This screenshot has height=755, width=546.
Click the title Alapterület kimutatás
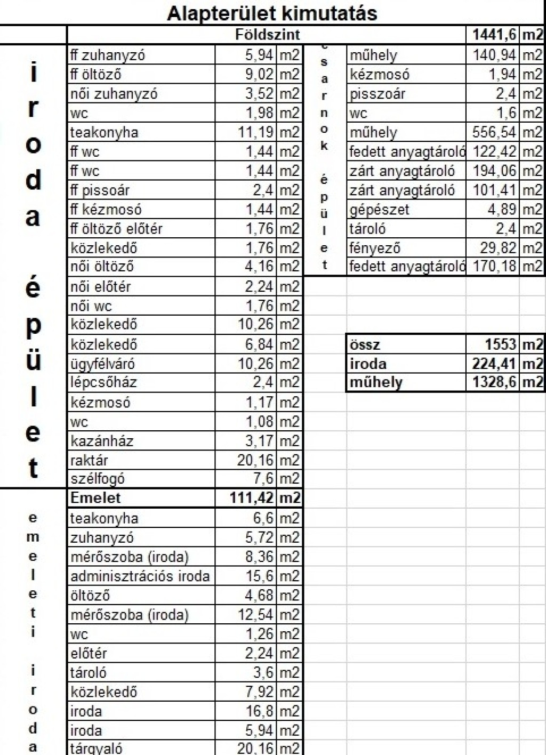[272, 13]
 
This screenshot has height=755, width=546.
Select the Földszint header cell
[268, 35]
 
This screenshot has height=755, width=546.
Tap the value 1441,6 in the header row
[494, 35]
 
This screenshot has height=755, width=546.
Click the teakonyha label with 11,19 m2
[104, 132]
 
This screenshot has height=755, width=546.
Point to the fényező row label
[375, 248]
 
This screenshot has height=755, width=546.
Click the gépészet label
[379, 210]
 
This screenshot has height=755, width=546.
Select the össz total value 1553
[501, 344]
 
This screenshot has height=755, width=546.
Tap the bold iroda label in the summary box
[368, 364]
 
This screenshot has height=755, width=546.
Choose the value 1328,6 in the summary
[494, 382]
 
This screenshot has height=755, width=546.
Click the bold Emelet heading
[95, 498]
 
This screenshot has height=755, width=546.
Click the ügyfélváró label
[102, 364]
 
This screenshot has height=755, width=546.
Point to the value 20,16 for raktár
[255, 460]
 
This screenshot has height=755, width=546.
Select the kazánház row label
[102, 441]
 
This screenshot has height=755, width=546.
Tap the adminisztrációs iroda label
[140, 576]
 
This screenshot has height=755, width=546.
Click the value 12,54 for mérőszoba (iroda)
[255, 615]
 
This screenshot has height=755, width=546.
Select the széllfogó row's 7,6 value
[263, 478]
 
